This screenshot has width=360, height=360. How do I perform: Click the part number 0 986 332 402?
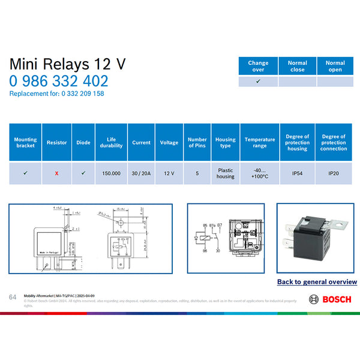[59, 81]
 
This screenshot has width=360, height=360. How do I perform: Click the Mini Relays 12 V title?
[68, 64]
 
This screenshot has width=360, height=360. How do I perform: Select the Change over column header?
[258, 66]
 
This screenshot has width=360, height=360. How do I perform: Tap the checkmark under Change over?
[258, 81]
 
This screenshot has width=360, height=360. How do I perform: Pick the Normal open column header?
[335, 66]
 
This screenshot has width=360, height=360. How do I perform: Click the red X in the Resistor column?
[56, 173]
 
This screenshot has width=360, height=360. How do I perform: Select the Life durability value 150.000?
[111, 173]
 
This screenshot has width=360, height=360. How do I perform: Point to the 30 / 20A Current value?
[141, 173]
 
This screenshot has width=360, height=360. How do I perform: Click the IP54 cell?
[298, 173]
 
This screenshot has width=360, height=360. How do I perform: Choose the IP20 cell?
[334, 173]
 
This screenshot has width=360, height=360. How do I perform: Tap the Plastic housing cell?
[226, 173]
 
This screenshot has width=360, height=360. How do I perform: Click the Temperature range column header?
[260, 143]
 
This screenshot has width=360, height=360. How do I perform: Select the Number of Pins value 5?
[197, 173]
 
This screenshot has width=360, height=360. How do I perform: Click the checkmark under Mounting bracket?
[25, 173]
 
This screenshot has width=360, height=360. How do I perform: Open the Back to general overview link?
[317, 281]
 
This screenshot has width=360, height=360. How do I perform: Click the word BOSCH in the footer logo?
[337, 299]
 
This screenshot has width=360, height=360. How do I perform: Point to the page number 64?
[13, 297]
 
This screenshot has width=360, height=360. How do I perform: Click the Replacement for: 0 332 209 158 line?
[57, 94]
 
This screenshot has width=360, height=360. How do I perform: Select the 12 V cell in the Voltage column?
[169, 173]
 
